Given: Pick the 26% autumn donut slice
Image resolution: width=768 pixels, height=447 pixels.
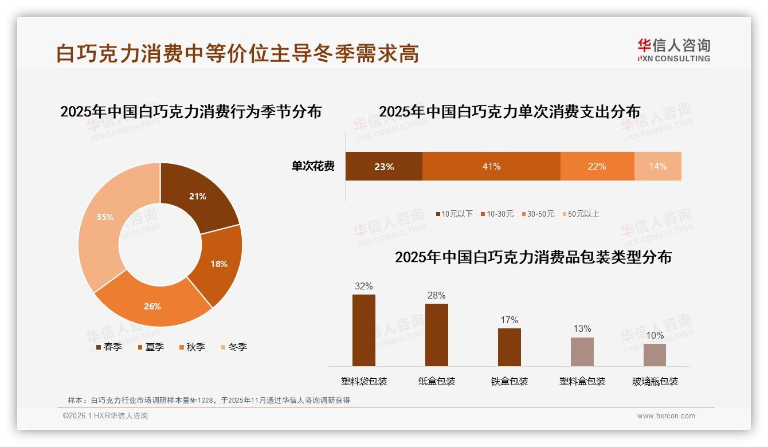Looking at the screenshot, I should (x=152, y=305).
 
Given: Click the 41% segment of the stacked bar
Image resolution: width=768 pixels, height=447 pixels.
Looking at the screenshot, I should (x=491, y=166).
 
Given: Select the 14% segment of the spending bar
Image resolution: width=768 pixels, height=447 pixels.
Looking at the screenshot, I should (x=658, y=166).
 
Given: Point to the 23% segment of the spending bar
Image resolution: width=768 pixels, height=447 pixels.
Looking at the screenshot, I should (x=383, y=166).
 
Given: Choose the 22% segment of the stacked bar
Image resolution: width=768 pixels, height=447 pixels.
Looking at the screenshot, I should (x=597, y=166).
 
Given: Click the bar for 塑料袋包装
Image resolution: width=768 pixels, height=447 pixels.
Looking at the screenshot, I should (x=363, y=330).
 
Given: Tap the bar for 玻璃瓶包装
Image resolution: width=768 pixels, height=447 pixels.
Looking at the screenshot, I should (x=655, y=355).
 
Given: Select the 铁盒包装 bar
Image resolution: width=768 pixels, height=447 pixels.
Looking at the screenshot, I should (x=509, y=347).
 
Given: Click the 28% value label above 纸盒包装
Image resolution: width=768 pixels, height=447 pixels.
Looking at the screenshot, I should (x=436, y=296).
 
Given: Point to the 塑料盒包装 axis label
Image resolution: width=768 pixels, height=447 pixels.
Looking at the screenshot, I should (x=582, y=381).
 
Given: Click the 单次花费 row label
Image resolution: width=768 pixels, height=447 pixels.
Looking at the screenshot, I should (x=313, y=166).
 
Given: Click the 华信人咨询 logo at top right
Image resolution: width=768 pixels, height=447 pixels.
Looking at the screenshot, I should (x=673, y=50).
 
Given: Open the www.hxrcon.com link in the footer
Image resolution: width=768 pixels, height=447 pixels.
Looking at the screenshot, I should (x=665, y=416).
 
